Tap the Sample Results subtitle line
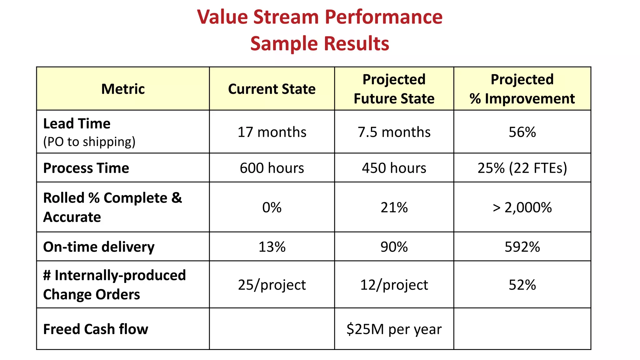pos(320,43)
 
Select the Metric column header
pos(123,89)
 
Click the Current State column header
pos(272,89)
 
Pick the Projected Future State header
pos(394,89)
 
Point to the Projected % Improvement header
pos(522,89)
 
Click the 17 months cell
pos(272,132)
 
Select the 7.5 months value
pos(394,132)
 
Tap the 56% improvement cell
pos(522,132)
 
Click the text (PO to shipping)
pos(89,142)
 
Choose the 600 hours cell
pos(272,168)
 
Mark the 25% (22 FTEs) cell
pos(522,168)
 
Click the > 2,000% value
pos(522,207)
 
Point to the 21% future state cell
pos(394,207)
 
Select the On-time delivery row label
pos(99,247)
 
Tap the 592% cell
pos(522,247)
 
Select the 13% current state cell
pos(272,247)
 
